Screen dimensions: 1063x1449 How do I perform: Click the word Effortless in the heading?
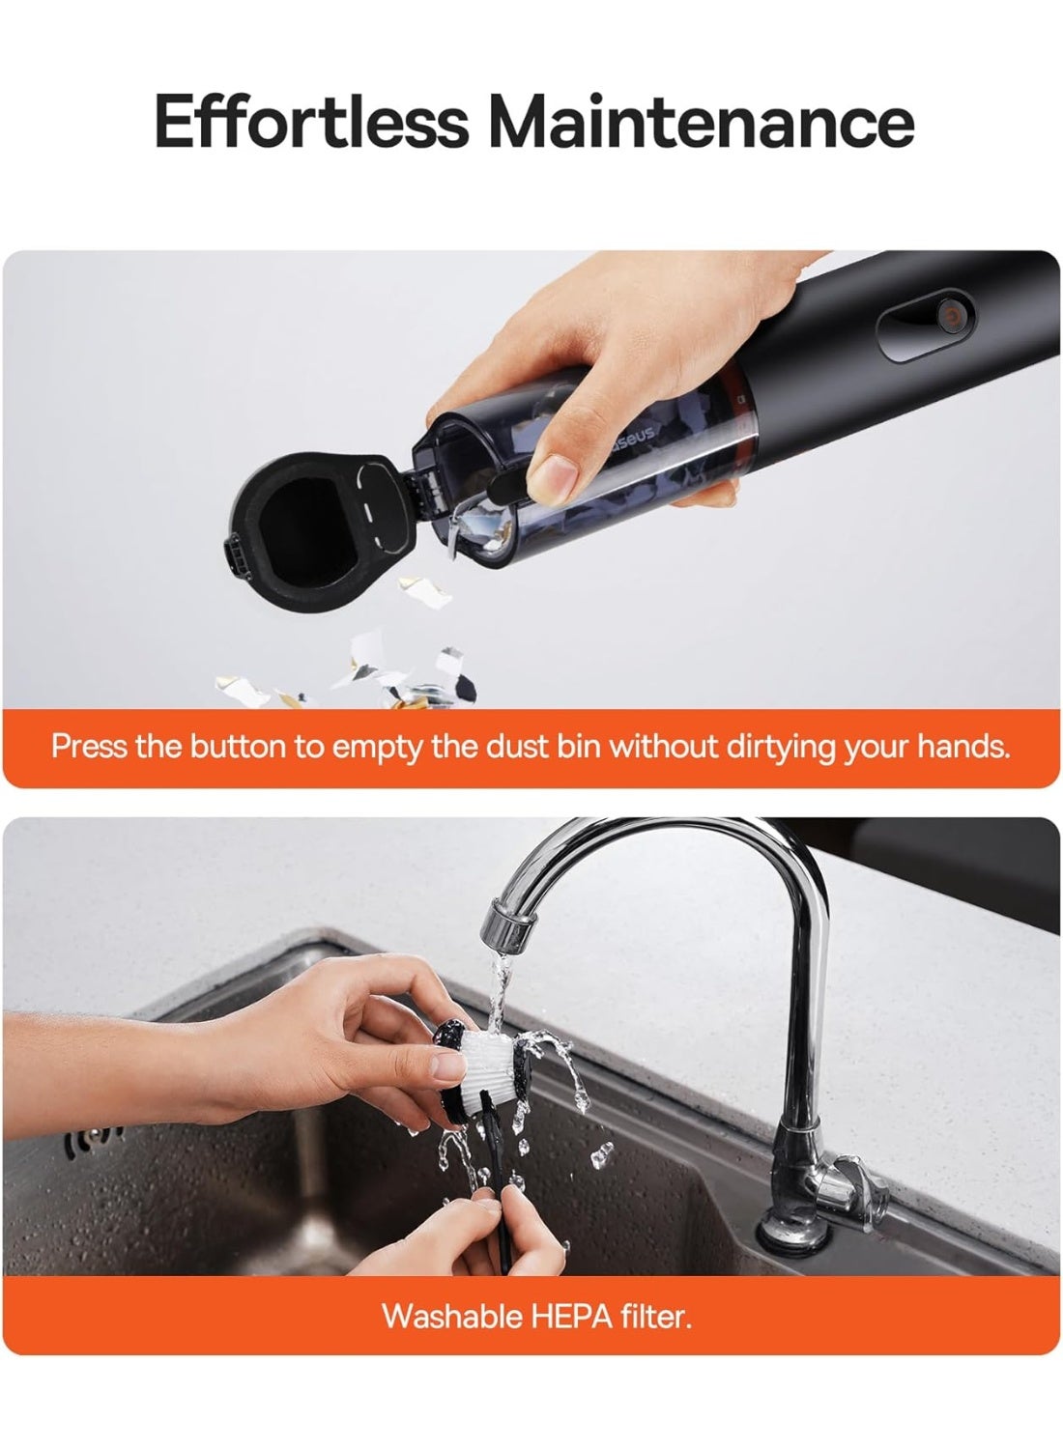click(x=311, y=121)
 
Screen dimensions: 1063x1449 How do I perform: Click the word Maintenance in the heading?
click(x=702, y=121)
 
